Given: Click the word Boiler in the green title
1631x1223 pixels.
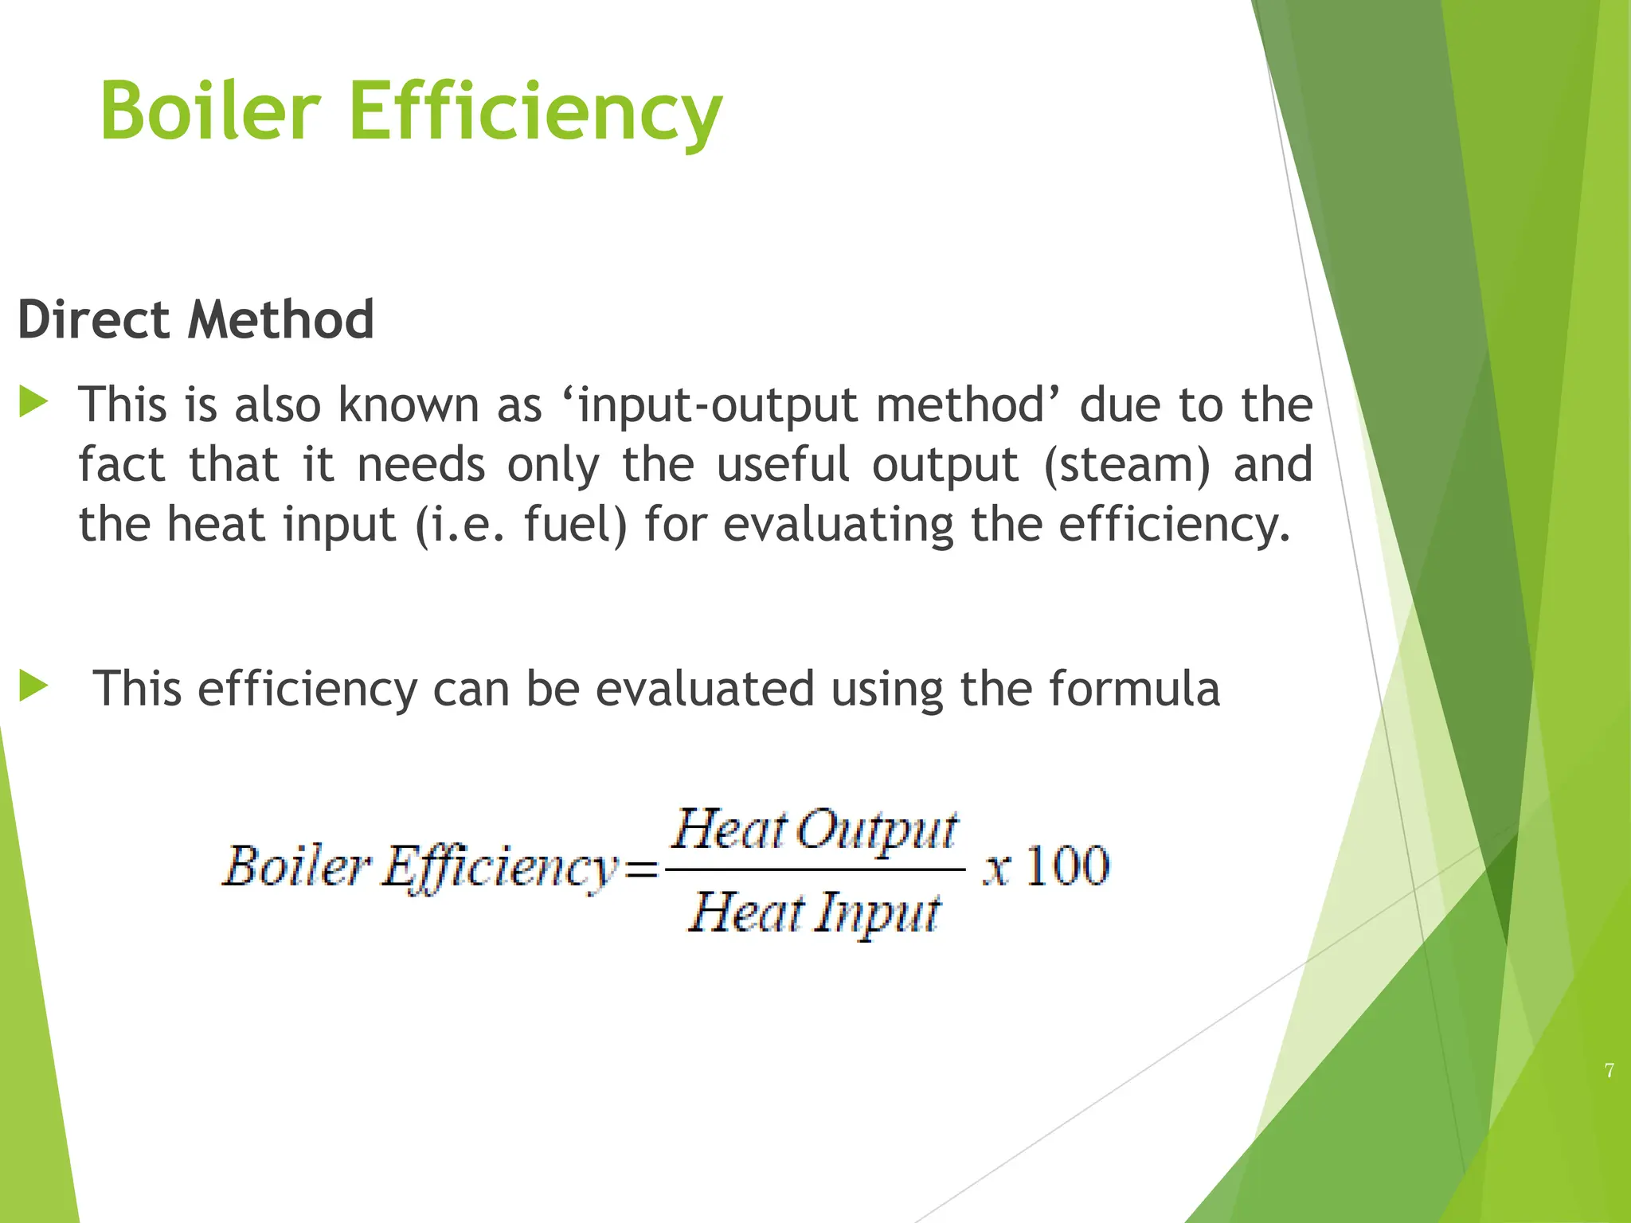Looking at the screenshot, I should pos(210,111).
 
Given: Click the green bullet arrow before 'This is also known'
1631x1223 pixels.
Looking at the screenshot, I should pos(33,401).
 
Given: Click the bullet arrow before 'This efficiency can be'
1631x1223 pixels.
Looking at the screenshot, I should pos(33,686).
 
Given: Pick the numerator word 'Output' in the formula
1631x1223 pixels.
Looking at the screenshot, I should pos(877,830).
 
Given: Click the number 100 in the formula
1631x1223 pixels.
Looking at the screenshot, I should pos(1067,866).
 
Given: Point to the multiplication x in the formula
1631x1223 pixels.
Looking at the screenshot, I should pos(996,869).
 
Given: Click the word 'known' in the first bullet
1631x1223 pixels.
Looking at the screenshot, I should pos(408,404).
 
